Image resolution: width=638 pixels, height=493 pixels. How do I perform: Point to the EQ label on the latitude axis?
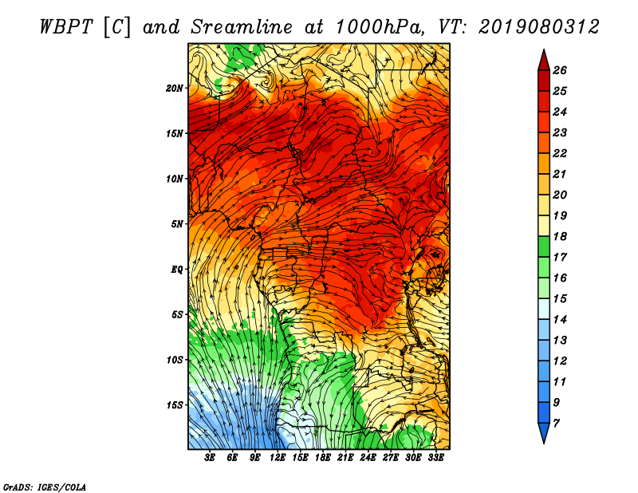click(177, 269)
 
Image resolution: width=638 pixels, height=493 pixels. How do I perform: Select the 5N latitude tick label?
click(177, 223)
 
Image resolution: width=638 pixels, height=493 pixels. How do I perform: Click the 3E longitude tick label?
click(211, 458)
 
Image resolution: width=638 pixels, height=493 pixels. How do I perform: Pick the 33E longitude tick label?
click(435, 458)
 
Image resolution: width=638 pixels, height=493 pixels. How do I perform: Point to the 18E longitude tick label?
click(323, 458)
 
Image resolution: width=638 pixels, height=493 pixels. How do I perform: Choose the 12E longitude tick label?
click(278, 458)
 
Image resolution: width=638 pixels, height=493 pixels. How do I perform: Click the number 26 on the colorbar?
click(560, 70)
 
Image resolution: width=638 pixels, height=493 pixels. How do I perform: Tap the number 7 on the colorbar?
click(557, 423)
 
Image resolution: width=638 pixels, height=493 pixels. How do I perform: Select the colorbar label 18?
click(560, 236)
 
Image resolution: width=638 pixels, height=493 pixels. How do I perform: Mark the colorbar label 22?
click(560, 153)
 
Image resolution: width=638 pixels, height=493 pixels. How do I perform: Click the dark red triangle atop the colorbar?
click(543, 58)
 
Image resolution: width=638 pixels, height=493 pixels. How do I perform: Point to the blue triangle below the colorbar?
click(543, 433)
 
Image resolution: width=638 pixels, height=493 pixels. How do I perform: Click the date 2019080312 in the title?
click(539, 26)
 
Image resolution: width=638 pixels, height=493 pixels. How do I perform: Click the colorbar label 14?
click(560, 319)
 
